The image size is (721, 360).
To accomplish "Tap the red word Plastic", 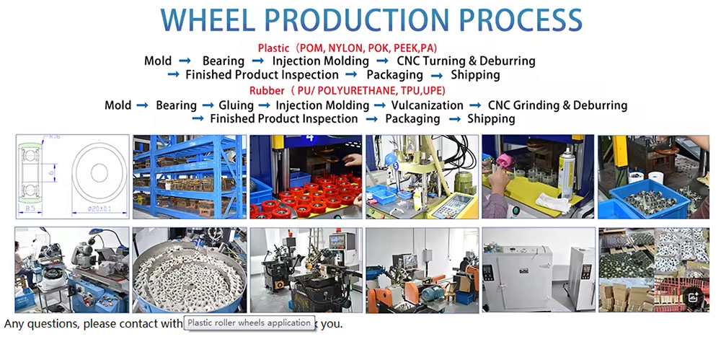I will click(273, 48).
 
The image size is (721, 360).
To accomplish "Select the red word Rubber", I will click(267, 91).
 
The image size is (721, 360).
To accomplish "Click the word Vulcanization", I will click(427, 105).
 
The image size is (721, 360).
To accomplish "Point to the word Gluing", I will click(236, 105).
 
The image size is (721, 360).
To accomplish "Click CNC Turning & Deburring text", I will click(466, 61).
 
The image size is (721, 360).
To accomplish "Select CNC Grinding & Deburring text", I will click(557, 105).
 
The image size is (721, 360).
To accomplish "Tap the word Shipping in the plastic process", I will click(475, 75).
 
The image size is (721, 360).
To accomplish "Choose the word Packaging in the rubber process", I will click(412, 119).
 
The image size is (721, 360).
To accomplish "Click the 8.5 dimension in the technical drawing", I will click(30, 208).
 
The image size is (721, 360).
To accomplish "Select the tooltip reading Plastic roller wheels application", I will click(249, 322).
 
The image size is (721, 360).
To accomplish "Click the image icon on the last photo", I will click(692, 297).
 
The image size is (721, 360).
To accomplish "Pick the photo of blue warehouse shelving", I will click(189, 177).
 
